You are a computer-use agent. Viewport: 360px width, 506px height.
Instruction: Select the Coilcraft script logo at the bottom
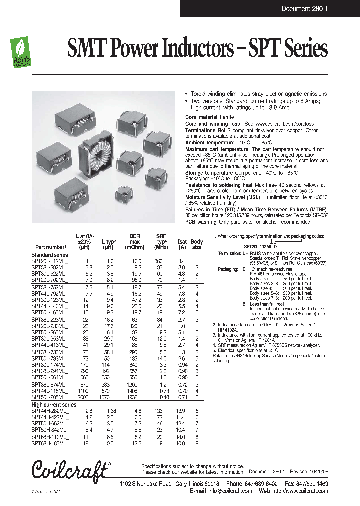click(70, 470)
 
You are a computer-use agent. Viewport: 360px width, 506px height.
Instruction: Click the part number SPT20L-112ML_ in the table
click(50, 261)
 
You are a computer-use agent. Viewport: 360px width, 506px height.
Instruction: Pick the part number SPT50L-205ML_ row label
click(50, 397)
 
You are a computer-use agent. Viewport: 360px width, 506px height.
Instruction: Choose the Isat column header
click(182, 241)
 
